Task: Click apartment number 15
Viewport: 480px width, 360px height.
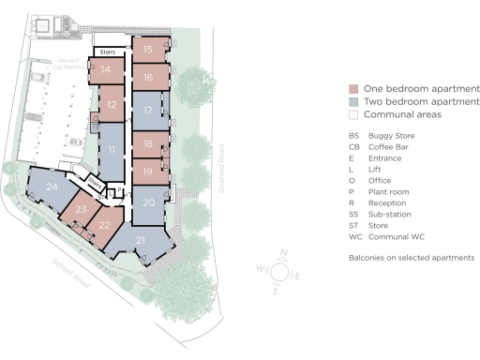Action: tap(148, 48)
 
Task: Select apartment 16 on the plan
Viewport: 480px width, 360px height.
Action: tap(148, 77)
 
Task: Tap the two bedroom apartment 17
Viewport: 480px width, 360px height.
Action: tap(148, 111)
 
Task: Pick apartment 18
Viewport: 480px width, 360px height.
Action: tap(148, 143)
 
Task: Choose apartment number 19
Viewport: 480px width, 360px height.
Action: tap(148, 172)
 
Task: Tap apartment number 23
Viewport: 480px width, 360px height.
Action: tap(81, 210)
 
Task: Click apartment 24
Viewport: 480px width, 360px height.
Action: tap(51, 187)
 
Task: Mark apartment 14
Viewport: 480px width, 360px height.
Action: tap(106, 69)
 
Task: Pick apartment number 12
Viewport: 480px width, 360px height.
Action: tap(112, 105)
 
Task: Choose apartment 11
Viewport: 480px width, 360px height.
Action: tap(112, 150)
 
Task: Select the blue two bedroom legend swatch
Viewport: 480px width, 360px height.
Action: tap(352, 101)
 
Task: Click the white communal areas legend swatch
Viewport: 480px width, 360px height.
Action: tap(352, 114)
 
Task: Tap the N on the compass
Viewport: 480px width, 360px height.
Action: tap(283, 254)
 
